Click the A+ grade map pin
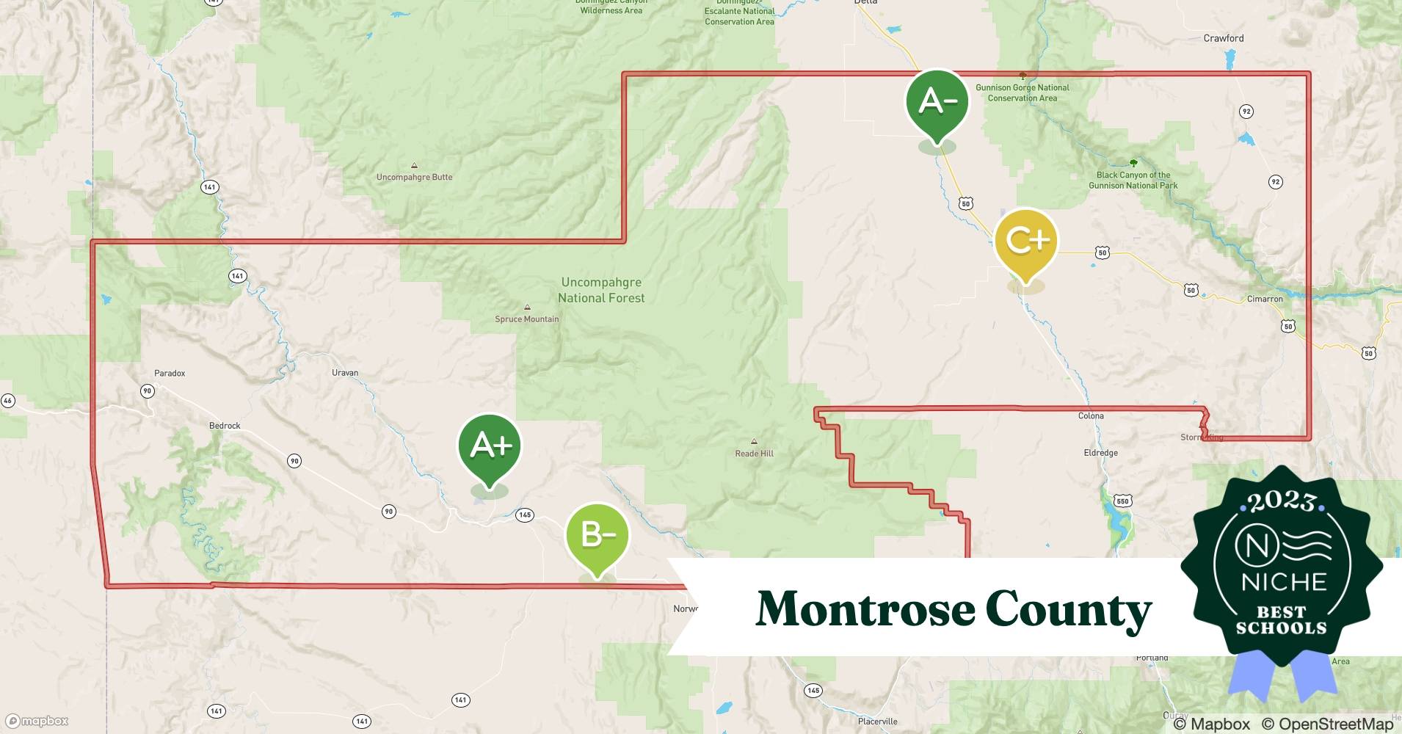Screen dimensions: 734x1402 click(490, 446)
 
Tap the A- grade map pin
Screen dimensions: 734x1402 click(937, 101)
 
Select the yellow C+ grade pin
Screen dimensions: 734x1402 click(1025, 241)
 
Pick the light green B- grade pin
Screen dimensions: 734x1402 click(598, 534)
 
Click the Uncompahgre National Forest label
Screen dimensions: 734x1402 click(601, 290)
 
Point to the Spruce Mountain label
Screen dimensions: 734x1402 click(526, 319)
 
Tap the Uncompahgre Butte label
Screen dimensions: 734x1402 click(414, 177)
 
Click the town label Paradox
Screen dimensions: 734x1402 click(170, 373)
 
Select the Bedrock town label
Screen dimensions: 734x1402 click(225, 426)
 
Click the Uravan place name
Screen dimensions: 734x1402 click(345, 373)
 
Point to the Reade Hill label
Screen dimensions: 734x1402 click(754, 454)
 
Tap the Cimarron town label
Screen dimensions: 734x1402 click(1265, 299)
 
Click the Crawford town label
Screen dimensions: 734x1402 click(1224, 38)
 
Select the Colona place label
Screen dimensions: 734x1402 click(1091, 416)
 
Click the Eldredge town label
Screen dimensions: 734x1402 click(1100, 453)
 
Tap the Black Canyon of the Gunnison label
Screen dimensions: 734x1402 click(1133, 180)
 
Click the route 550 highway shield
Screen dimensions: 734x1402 click(1122, 501)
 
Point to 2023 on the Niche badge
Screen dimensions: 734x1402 click(1282, 501)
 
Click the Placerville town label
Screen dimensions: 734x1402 click(877, 722)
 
